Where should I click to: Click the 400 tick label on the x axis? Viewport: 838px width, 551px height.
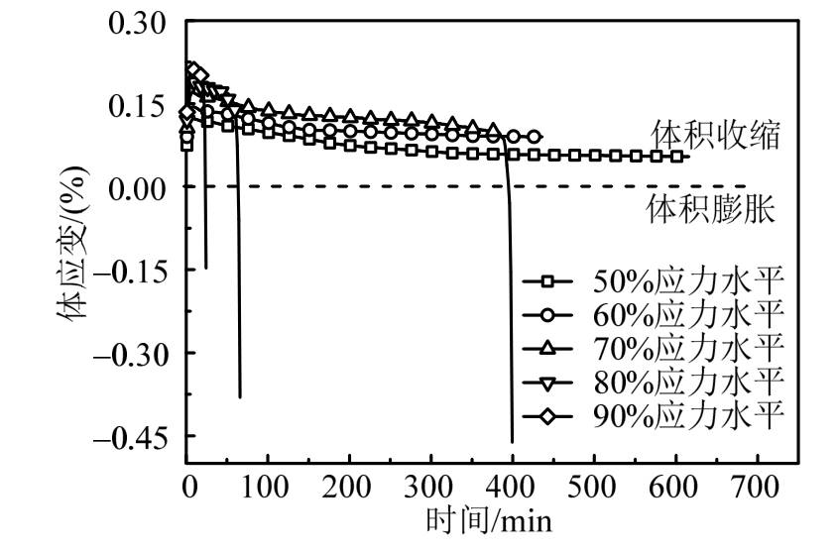pyautogui.click(x=513, y=490)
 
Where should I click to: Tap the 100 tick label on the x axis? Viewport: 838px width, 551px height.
pyautogui.click(x=268, y=490)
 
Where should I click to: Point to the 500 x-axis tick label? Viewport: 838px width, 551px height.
pyautogui.click(x=594, y=490)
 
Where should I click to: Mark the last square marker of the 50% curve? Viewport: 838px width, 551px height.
pyautogui.click(x=677, y=157)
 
